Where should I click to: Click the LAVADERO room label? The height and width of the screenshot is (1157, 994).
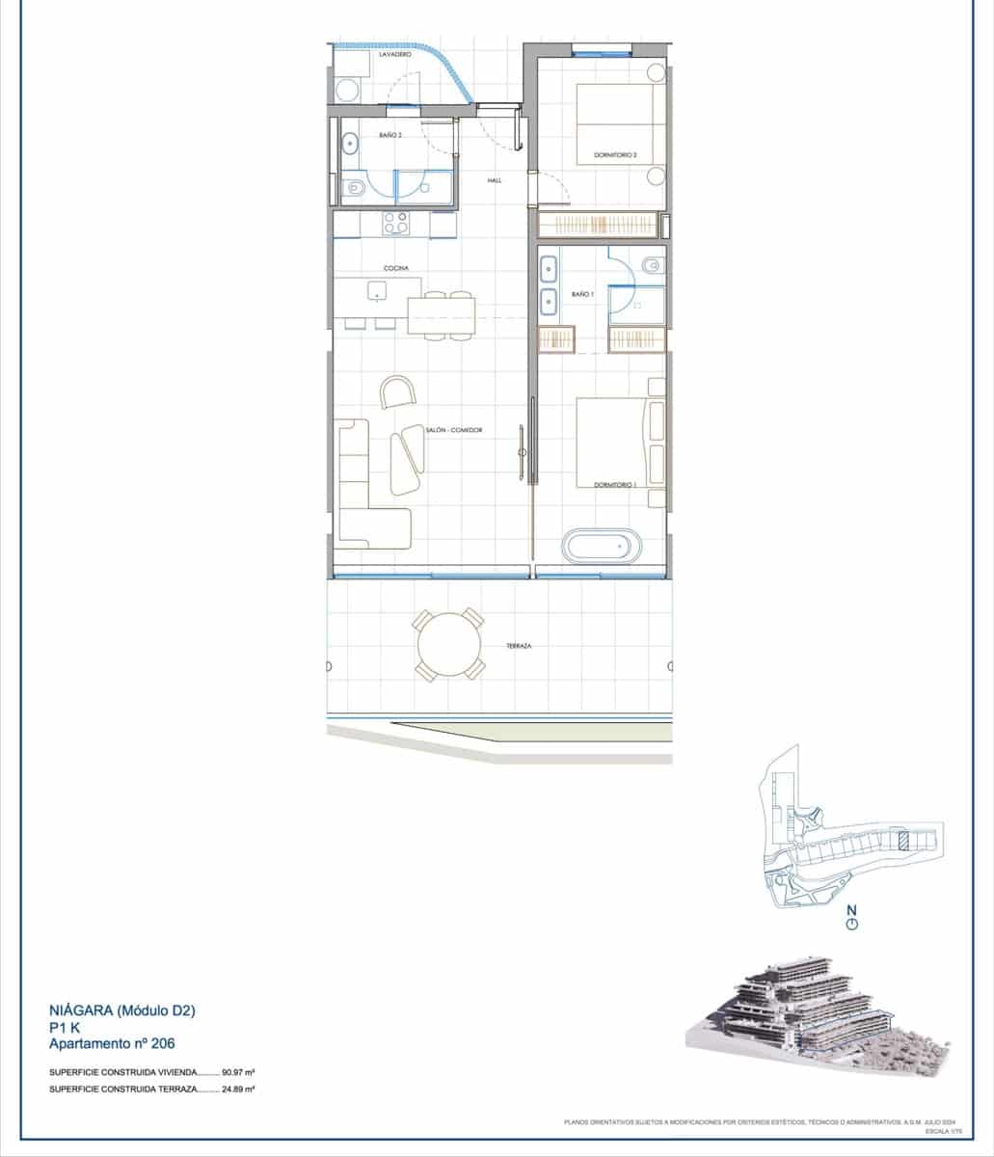click(394, 56)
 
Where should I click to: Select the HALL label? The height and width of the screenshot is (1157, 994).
click(495, 180)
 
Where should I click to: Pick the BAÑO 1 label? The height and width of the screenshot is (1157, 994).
click(581, 293)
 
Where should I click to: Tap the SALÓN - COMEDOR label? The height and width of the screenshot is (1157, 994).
click(453, 430)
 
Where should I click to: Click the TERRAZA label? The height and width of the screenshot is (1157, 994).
click(520, 645)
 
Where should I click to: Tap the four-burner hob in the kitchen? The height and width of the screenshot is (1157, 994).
click(395, 224)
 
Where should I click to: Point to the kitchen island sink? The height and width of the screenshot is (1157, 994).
click(376, 291)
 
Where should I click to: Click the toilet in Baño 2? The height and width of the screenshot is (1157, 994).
click(353, 190)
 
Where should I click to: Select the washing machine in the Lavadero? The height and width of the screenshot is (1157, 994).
click(346, 90)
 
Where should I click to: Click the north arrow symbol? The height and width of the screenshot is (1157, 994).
click(851, 923)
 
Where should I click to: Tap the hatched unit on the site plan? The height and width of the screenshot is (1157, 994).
click(902, 839)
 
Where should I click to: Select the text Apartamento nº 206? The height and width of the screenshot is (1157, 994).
click(112, 1043)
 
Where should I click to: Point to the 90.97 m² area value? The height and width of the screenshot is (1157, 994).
click(237, 1071)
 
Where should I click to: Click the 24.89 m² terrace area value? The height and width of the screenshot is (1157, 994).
click(237, 1089)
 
